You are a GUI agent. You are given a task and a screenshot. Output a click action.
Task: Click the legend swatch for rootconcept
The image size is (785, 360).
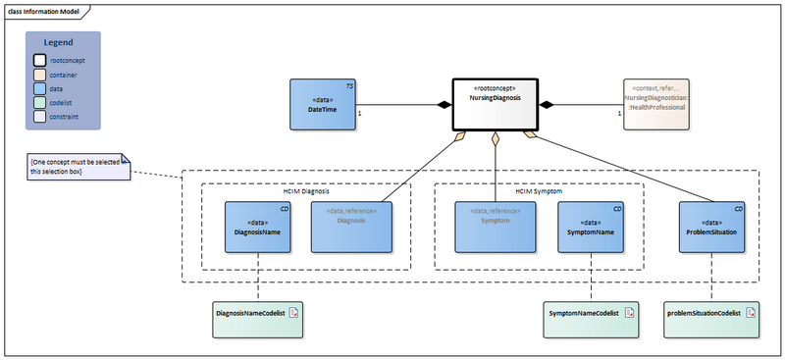tap(39, 60)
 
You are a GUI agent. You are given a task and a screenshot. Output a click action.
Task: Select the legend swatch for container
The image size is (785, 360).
tap(39, 74)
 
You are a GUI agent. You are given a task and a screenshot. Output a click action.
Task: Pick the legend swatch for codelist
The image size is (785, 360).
tap(39, 101)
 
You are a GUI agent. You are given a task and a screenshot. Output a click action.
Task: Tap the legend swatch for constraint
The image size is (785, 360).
tap(39, 115)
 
